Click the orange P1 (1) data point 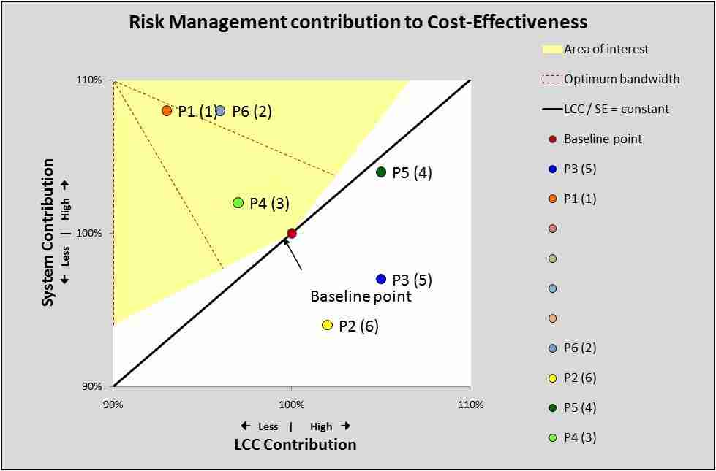tap(167, 111)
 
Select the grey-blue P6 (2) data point tap(220, 111)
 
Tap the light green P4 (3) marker tap(238, 202)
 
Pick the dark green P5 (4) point tap(381, 172)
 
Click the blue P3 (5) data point tap(381, 279)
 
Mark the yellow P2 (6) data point tap(327, 325)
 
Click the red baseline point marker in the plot tap(292, 233)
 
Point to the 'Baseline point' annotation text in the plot tap(361, 296)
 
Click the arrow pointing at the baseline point tap(293, 253)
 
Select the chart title tap(358, 22)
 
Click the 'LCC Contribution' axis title tap(295, 444)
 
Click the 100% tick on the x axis tap(291, 405)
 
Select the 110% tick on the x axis tap(470, 405)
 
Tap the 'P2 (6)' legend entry tap(580, 378)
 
